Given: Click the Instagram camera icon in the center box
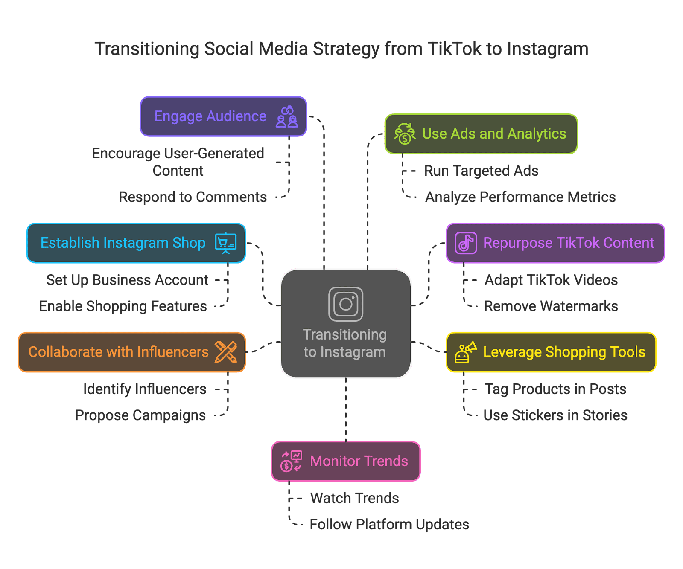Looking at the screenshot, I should pos(346,304).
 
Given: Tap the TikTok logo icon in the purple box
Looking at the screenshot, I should pos(466,243).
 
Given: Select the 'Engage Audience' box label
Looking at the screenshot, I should pos(210,116).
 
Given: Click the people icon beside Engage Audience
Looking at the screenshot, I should pos(287,116).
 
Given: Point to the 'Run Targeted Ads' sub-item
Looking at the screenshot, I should pos(481,171).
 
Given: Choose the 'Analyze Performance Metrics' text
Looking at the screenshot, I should pos(520,197).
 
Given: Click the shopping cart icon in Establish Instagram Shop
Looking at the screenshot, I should pos(226,243).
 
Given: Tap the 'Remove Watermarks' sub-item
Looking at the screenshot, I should pos(551,306).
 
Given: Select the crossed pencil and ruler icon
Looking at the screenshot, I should pos(226,352).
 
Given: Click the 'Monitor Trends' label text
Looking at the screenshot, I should pos(359,461).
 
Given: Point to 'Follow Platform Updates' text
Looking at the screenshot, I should pos(389,524).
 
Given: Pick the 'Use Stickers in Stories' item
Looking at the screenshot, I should pos(555,415).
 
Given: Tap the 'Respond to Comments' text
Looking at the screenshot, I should pos(193,197).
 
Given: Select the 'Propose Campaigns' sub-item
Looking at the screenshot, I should pos(140,415).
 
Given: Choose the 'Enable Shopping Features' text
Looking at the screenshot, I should pos(123,306).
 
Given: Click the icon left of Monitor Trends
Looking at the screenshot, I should pos(291,461).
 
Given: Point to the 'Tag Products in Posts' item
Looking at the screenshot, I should pos(555,389).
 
